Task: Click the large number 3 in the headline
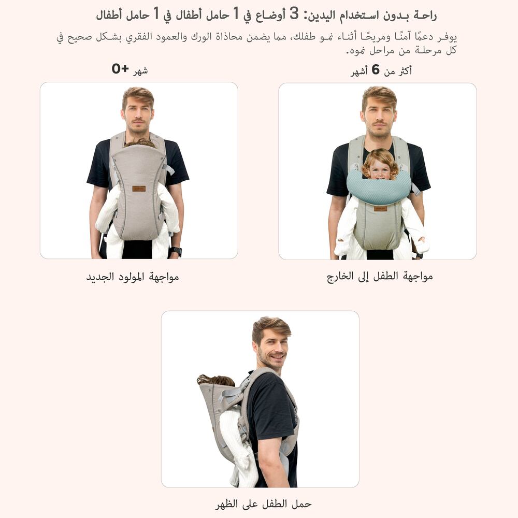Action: pyautogui.click(x=294, y=14)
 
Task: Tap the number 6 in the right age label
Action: pyautogui.click(x=375, y=70)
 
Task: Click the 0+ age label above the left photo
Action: pyautogui.click(x=120, y=69)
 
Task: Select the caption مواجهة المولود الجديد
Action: pyautogui.click(x=133, y=277)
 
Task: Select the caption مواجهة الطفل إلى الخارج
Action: pyautogui.click(x=380, y=276)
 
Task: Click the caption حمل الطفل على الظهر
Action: pyautogui.click(x=263, y=504)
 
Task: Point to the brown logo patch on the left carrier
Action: pyautogui.click(x=139, y=189)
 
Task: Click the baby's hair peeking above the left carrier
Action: pyautogui.click(x=139, y=143)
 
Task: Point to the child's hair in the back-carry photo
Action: pyautogui.click(x=215, y=380)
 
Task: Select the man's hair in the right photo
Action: pyautogui.click(x=379, y=95)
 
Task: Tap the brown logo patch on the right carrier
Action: pyautogui.click(x=380, y=209)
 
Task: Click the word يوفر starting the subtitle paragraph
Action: pyautogui.click(x=448, y=37)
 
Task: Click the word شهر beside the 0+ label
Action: pyautogui.click(x=140, y=70)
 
